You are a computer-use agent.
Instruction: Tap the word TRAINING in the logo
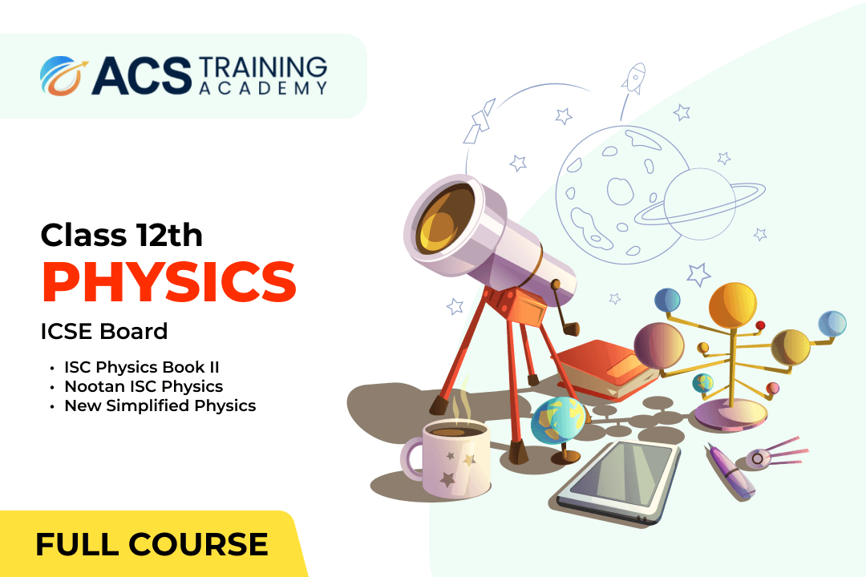coord(263,67)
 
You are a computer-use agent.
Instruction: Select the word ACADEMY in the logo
coord(263,88)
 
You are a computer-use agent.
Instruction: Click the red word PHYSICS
coord(169,281)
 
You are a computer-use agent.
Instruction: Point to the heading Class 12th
coord(122,236)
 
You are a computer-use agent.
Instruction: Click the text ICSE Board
coord(103,331)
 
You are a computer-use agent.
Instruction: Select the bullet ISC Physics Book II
coord(142,367)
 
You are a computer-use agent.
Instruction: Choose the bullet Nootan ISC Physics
coord(144,386)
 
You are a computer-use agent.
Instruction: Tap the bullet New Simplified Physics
coord(160,406)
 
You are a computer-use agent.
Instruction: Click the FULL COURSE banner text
coord(152,544)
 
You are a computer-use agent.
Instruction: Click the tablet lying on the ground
coord(618,480)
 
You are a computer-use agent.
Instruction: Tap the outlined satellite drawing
coord(479,122)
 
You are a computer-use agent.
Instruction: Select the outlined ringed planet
coord(700,204)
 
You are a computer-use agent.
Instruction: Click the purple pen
coord(729,471)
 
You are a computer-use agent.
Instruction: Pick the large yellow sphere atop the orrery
coord(732,305)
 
